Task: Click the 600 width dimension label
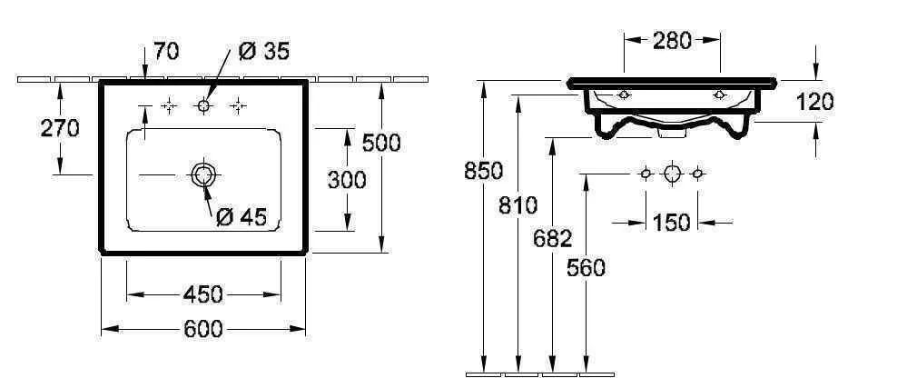(202, 329)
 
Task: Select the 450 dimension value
(202, 294)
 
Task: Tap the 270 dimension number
(60, 128)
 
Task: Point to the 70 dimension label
(165, 52)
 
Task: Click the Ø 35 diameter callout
(263, 52)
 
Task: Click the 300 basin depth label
(346, 180)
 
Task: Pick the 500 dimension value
(380, 143)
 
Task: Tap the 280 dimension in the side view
(672, 40)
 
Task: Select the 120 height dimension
(814, 102)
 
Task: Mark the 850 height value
(483, 171)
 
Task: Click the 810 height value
(518, 205)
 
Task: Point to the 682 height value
(552, 239)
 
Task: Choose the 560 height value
(586, 267)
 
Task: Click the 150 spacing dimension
(672, 222)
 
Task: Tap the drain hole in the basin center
(202, 175)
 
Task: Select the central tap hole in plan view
(203, 107)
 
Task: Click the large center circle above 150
(672, 173)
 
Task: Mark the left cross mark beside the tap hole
(168, 107)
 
